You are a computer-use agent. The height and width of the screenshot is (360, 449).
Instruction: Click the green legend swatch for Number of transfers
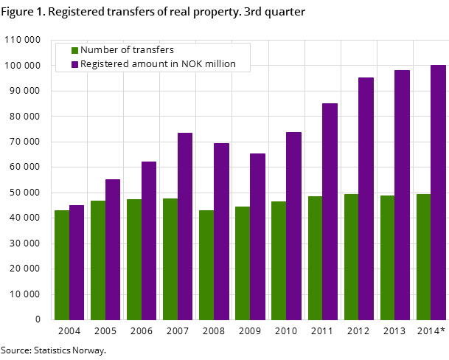click(x=75, y=51)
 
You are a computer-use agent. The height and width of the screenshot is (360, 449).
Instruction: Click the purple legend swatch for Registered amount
click(x=75, y=65)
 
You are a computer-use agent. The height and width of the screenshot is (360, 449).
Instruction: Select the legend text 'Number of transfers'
click(x=127, y=50)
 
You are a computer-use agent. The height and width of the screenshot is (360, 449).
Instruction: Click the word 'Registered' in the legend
click(x=105, y=64)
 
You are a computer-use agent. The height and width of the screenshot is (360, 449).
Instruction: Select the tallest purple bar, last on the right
click(x=439, y=192)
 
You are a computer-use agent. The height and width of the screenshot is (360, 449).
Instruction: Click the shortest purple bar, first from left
click(x=77, y=262)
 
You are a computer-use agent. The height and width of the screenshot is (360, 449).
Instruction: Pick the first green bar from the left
click(x=62, y=265)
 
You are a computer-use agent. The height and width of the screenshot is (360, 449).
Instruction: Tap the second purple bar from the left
click(x=113, y=249)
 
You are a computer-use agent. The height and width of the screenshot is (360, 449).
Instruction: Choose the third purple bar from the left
click(x=149, y=240)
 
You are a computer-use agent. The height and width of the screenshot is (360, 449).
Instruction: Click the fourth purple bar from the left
click(x=185, y=226)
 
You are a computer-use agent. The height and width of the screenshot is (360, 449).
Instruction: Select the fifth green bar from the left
click(x=206, y=265)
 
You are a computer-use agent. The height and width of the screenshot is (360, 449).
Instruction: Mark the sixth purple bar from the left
click(x=257, y=236)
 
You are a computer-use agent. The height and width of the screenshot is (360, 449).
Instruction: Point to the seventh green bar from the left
click(x=279, y=260)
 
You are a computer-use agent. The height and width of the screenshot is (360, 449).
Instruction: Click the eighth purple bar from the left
click(x=330, y=211)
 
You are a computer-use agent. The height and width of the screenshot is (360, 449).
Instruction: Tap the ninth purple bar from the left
click(x=366, y=198)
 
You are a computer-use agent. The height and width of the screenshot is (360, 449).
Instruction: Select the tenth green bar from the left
click(x=387, y=257)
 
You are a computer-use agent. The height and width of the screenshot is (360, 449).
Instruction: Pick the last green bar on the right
click(x=423, y=257)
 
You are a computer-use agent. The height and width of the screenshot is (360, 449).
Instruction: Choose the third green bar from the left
click(x=134, y=259)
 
